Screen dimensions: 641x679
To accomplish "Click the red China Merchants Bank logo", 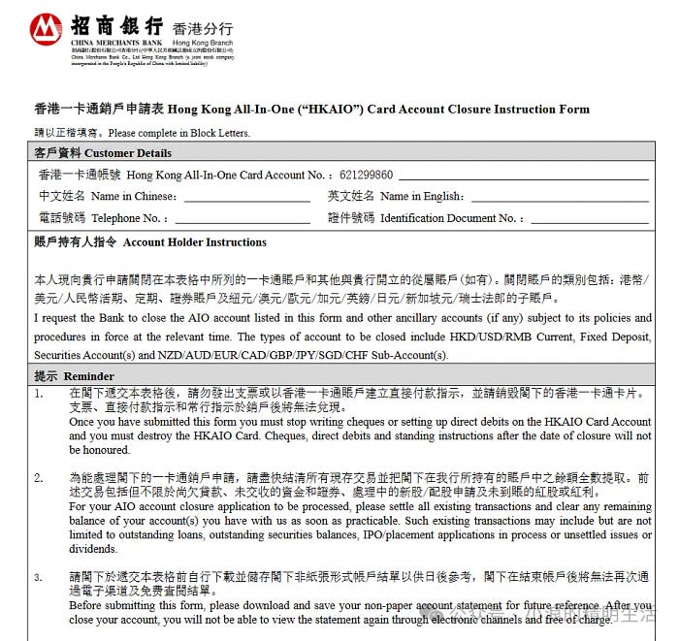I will click(x=47, y=30).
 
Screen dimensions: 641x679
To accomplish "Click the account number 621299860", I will click(x=367, y=176).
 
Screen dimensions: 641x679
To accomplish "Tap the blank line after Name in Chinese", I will click(x=246, y=197).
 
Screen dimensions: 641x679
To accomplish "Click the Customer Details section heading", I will click(x=103, y=153).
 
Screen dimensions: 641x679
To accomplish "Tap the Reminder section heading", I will click(x=74, y=376).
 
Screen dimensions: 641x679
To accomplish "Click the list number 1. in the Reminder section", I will click(x=39, y=395).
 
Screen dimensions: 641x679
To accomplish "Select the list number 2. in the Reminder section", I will click(x=39, y=479).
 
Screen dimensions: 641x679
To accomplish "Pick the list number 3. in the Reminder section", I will click(x=39, y=578).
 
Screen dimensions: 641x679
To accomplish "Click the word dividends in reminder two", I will click(x=95, y=549).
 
